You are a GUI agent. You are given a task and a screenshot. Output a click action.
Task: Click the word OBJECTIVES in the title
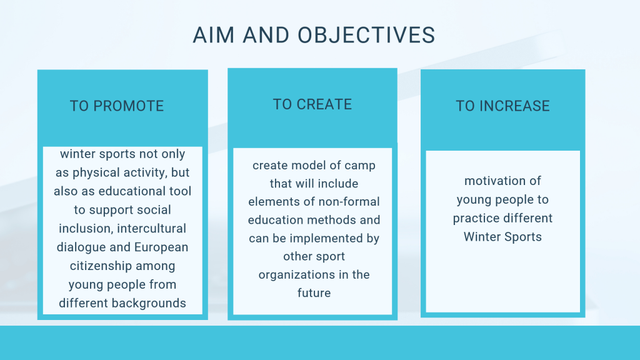[x=366, y=35]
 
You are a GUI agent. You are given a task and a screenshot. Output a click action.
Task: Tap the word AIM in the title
[x=214, y=35]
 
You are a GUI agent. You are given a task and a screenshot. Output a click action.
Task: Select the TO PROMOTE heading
[x=117, y=106]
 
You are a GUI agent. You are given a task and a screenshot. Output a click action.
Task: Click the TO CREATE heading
[x=312, y=104]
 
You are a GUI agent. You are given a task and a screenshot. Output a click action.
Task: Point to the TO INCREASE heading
[x=503, y=106]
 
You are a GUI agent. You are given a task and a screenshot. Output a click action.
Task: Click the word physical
[x=96, y=172]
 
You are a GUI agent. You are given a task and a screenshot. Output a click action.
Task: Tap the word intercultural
[x=151, y=228]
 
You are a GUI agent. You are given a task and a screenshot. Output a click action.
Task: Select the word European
[x=161, y=247]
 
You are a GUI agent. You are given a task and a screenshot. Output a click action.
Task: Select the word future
[x=314, y=293]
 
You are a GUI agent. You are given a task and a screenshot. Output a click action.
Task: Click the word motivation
[x=489, y=181]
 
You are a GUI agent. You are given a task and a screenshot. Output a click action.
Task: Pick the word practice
[x=476, y=218]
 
